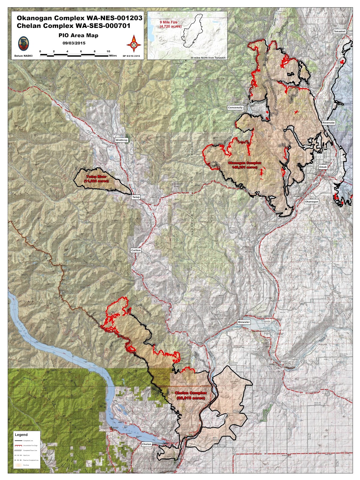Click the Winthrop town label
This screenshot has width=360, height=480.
tap(121, 140)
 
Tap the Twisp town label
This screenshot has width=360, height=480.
tap(136, 197)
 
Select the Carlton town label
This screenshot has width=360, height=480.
tap(136, 250)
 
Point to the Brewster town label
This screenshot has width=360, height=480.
tap(244, 322)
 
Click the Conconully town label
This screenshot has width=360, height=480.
tap(235, 107)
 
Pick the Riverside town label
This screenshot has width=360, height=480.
tap(328, 123)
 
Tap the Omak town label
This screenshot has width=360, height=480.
tap(323, 167)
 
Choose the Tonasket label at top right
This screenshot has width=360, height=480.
tap(340, 31)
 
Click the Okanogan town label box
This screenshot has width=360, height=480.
tap(311, 202)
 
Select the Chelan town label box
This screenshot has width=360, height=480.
tap(146, 444)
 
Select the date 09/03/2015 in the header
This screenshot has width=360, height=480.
tap(74, 43)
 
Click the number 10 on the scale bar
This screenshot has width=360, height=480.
tap(108, 52)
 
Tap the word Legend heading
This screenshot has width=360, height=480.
tap(21, 434)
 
